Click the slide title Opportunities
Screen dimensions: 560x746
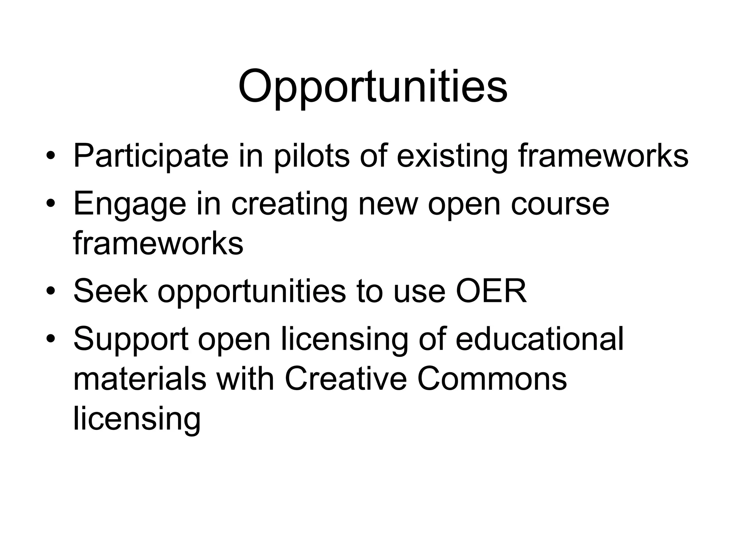click(373, 87)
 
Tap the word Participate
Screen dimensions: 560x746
click(151, 156)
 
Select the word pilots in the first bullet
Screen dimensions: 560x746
click(312, 156)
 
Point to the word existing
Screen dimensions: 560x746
click(452, 156)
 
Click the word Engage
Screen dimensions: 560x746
click(129, 204)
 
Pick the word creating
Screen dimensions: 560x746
click(289, 204)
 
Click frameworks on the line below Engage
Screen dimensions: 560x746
click(158, 243)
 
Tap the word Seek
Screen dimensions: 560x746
click(110, 291)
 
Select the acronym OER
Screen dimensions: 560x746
click(491, 291)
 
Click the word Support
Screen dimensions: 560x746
click(131, 339)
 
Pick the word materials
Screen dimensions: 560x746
click(140, 379)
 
